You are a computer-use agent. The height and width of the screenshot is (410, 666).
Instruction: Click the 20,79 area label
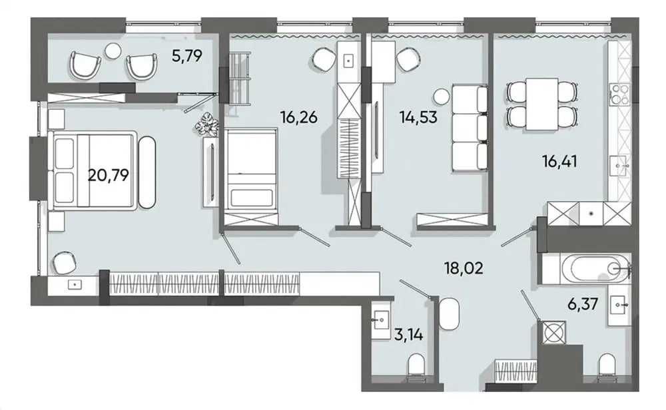[x=109, y=175]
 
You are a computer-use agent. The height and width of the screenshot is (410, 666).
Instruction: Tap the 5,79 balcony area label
[x=187, y=56]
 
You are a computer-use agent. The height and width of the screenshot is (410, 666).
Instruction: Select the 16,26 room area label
[x=299, y=116]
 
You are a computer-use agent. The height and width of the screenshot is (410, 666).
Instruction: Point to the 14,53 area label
[x=418, y=116]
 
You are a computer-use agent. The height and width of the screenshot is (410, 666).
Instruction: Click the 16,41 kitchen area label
[x=559, y=161]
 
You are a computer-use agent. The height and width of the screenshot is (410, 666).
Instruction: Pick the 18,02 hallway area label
[x=464, y=268]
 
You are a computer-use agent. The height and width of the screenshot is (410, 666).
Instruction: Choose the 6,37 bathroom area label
[x=583, y=304]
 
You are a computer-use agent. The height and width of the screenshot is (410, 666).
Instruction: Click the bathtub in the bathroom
[x=595, y=268]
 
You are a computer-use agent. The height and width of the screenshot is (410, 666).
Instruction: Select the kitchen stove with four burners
[x=619, y=95]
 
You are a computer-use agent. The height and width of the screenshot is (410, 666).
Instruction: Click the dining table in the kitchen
[x=542, y=104]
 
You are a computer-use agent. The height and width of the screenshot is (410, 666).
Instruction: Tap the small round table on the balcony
[x=113, y=51]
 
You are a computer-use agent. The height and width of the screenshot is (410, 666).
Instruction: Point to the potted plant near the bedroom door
[x=207, y=124]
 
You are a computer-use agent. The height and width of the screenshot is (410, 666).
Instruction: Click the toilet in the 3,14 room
[x=417, y=367]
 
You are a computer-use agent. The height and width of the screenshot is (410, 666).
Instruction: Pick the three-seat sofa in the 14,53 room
[x=469, y=128]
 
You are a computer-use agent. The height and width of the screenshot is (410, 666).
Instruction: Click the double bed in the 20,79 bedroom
[x=93, y=170]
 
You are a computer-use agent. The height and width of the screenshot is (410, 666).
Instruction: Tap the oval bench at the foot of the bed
[x=147, y=172]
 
